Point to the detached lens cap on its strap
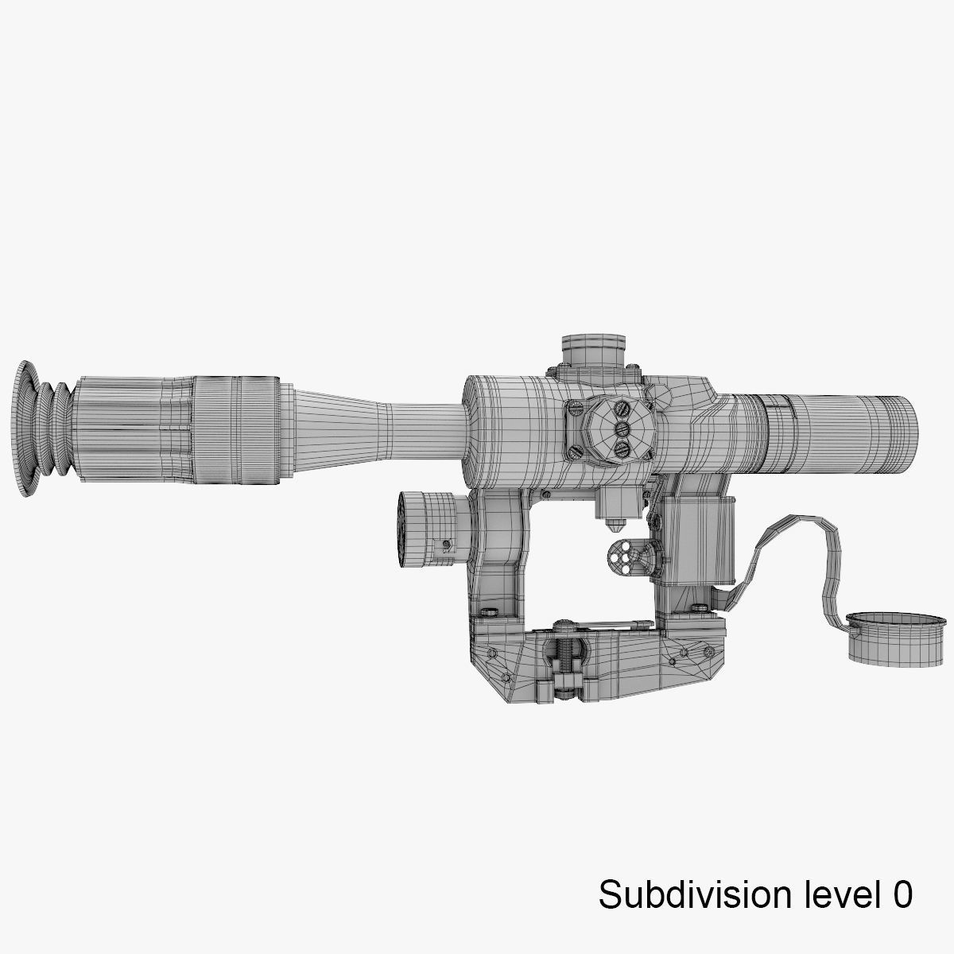pos(882,636)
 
